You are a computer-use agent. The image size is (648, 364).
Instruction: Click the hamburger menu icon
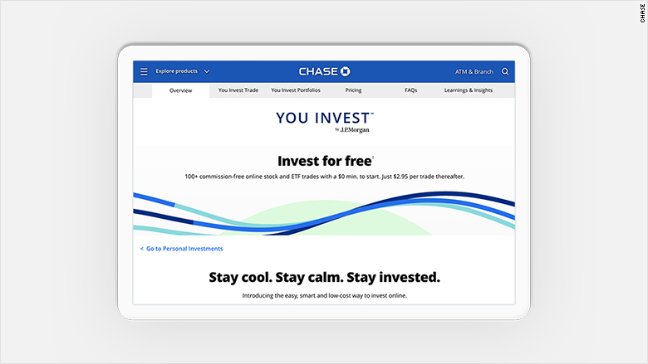(x=144, y=72)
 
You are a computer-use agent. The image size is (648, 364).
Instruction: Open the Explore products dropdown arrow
(x=207, y=71)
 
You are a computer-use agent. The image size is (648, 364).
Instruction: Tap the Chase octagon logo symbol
(x=345, y=71)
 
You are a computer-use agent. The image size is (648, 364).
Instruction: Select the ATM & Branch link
(x=474, y=72)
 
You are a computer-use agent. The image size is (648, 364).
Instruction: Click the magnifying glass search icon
(x=505, y=72)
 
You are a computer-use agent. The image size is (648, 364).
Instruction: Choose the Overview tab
(x=180, y=90)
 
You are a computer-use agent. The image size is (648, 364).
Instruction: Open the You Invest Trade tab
(x=238, y=90)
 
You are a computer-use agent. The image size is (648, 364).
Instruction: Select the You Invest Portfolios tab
(x=296, y=90)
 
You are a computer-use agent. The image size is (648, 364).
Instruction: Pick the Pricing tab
(x=353, y=90)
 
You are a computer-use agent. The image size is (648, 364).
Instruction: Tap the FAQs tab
(x=410, y=90)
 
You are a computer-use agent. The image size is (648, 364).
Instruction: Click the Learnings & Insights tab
(x=469, y=90)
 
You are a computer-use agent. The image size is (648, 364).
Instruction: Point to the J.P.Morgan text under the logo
(x=355, y=130)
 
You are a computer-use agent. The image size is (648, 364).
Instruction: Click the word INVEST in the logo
(x=341, y=119)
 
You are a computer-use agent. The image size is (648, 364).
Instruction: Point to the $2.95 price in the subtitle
(x=400, y=177)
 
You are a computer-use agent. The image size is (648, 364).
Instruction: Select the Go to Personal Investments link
(x=181, y=249)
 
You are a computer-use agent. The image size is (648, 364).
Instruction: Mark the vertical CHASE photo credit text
(x=643, y=13)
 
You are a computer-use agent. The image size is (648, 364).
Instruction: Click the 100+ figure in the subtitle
(x=191, y=177)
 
